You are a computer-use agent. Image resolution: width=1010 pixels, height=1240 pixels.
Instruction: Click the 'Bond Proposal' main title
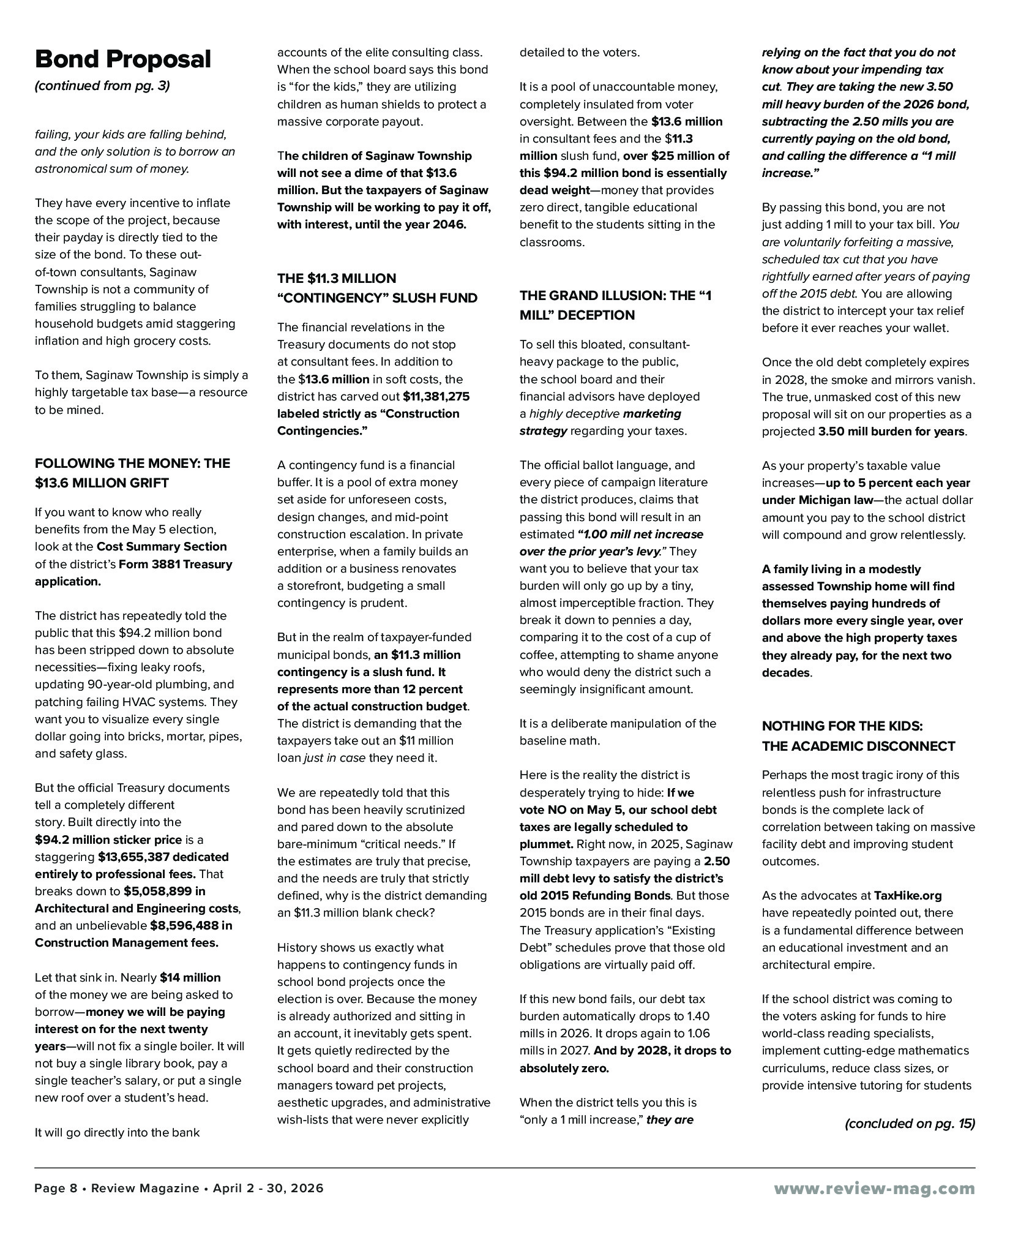coord(123,59)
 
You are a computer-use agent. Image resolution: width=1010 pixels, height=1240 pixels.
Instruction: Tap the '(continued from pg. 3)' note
coord(102,86)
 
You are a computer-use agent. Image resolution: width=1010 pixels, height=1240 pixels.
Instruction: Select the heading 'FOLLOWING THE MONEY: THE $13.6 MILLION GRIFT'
coord(132,473)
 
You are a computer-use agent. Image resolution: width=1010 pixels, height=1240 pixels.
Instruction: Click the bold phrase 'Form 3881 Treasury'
coord(176,564)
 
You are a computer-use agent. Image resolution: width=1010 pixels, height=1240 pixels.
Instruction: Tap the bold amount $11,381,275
coord(436,396)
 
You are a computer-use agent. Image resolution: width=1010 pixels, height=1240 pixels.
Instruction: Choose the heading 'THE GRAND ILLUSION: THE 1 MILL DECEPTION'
coord(615,305)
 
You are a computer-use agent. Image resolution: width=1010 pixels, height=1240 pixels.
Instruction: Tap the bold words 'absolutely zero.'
coord(564,1068)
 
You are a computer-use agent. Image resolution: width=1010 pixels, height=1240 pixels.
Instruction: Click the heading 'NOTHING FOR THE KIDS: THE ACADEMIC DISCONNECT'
coord(858,735)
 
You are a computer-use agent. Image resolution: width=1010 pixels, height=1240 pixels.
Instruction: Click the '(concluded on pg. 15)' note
coord(910,1123)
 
